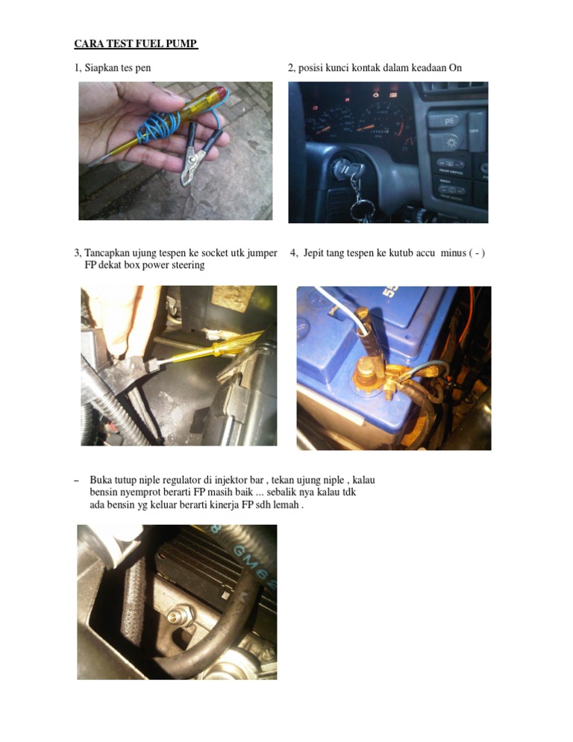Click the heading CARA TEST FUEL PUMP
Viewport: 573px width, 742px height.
click(136, 43)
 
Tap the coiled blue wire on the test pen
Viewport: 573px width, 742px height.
click(158, 127)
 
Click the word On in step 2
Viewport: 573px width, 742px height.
click(455, 68)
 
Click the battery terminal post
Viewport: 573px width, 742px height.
click(366, 372)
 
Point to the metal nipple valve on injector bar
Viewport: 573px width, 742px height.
click(181, 615)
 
